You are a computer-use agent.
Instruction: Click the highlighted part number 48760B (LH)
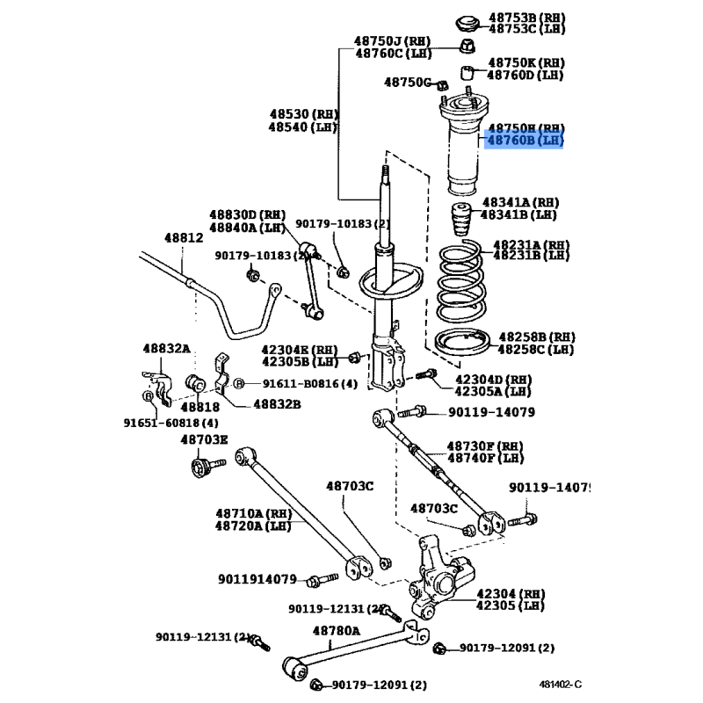[525, 141]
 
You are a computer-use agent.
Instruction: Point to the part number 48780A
[337, 630]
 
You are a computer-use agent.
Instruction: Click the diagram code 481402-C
[561, 683]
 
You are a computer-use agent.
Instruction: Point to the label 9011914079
[257, 579]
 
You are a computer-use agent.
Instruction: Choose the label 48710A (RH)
[253, 513]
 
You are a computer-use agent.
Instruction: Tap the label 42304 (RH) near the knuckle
[510, 593]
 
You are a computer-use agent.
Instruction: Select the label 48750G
[409, 83]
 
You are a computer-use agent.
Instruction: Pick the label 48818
[200, 406]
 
